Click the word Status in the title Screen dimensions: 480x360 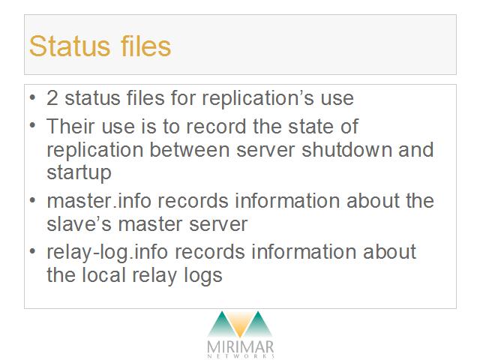(70, 46)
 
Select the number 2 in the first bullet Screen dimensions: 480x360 (52, 98)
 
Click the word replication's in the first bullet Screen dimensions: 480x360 (258, 99)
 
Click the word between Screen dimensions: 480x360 (190, 150)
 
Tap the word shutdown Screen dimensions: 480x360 (346, 150)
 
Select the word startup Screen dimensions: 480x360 (79, 173)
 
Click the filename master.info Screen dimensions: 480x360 (99, 201)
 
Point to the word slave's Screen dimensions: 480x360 (79, 224)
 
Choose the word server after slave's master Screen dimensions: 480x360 (218, 225)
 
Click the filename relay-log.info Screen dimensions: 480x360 (107, 253)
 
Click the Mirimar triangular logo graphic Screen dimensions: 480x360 (240, 325)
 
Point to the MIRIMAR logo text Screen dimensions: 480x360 (240, 347)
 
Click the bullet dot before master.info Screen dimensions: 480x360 (32, 201)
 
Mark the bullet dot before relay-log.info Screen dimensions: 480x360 (32, 252)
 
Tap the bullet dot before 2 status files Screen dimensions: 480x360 (32, 98)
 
